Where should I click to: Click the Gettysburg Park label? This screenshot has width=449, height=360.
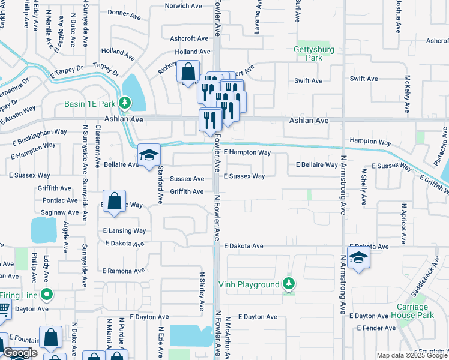[x=309, y=53]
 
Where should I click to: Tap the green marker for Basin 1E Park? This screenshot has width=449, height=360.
[x=124, y=103]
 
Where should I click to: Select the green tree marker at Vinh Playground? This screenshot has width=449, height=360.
[x=289, y=284]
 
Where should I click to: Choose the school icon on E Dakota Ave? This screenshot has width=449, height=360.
[x=358, y=258]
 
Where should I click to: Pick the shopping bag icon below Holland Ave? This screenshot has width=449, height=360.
[x=188, y=72]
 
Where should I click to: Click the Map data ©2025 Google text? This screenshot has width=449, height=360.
[x=411, y=355]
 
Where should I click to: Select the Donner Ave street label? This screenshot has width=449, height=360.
[x=123, y=12]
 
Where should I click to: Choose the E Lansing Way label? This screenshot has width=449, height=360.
[x=124, y=230]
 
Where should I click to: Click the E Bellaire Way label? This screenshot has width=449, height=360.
[x=316, y=165]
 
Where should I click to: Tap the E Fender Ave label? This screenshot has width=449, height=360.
[x=376, y=328]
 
